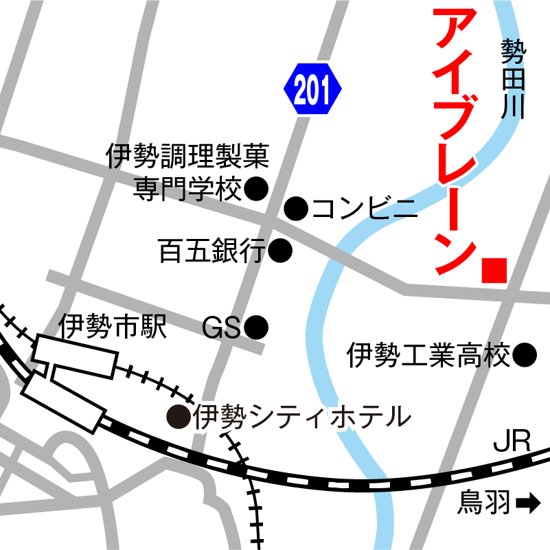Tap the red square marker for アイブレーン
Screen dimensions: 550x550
coord(494,270)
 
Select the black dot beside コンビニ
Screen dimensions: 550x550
coord(296,208)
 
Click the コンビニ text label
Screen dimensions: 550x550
coord(364,208)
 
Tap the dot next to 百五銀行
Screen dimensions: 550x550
coord(280,251)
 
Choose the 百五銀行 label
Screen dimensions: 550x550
coord(211,251)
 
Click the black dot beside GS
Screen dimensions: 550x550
coord(256,328)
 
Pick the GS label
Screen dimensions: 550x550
coord(222,328)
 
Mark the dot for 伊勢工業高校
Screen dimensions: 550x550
coord(525,355)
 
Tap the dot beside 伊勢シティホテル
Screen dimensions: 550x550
coord(179,415)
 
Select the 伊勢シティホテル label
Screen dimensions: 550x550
coord(302,416)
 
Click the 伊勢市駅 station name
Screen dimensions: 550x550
coord(113,327)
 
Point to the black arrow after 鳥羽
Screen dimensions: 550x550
coord(527,505)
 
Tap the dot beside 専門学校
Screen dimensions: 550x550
coord(255,188)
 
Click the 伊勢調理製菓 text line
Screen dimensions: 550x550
coord(187,157)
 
